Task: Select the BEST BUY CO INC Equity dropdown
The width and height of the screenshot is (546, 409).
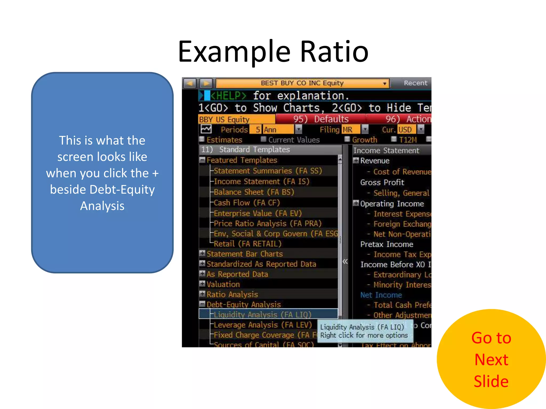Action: [302, 83]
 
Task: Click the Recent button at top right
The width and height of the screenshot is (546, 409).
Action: [415, 83]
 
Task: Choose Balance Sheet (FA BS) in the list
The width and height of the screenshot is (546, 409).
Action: [254, 192]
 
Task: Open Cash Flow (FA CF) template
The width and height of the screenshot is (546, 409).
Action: [247, 203]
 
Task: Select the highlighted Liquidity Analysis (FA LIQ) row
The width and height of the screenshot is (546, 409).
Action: [262, 314]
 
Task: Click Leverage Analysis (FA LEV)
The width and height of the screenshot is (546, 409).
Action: [262, 325]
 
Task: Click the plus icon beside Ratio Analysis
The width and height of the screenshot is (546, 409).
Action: [202, 294]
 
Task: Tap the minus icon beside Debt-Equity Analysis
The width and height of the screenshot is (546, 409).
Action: [202, 304]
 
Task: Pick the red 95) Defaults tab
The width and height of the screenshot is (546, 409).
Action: [320, 119]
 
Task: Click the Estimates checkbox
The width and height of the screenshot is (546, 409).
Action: [202, 139]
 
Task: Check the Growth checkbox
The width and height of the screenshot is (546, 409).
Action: [347, 139]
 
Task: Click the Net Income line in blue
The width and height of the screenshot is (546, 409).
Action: [381, 295]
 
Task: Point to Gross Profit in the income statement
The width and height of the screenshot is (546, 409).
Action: [382, 182]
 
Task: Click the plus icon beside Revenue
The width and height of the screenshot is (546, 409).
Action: [356, 160]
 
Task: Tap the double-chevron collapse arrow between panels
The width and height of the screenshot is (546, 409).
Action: [345, 261]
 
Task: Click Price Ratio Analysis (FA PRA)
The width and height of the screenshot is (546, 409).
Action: [267, 223]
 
